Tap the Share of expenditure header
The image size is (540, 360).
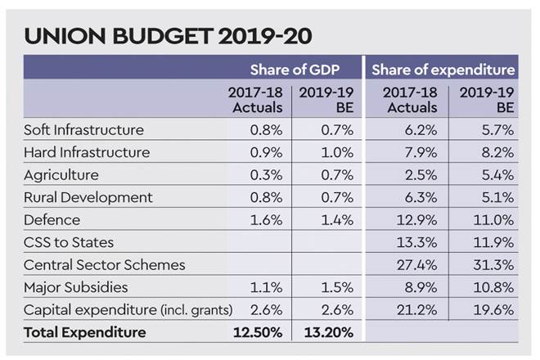coord(443,70)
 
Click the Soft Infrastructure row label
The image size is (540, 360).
coord(83,130)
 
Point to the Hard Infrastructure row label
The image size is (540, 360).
coord(87,152)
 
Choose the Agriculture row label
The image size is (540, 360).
coord(61,175)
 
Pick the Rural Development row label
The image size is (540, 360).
coord(88,197)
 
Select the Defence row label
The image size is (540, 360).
coord(52,220)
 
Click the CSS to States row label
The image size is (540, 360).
coord(70,242)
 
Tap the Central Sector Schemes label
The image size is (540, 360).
coord(105,264)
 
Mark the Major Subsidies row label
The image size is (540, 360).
coord(75,287)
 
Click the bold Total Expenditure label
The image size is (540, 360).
coord(85,332)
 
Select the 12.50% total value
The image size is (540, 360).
coord(256,332)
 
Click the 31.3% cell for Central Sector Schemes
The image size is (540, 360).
coord(496,264)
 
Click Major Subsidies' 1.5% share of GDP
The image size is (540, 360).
coord(336,287)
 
